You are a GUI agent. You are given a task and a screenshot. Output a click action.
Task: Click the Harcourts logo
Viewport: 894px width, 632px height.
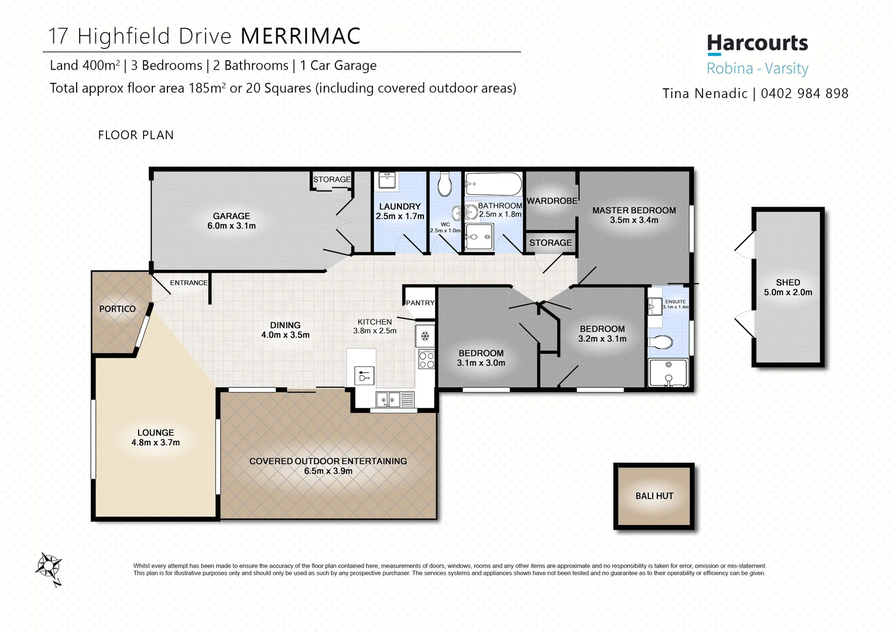tap(757, 44)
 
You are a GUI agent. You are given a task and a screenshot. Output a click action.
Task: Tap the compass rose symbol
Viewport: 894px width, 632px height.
tap(48, 567)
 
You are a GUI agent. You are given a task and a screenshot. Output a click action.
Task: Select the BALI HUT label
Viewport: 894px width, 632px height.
tap(654, 496)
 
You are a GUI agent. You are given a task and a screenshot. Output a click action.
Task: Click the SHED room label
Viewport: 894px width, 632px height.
tap(787, 282)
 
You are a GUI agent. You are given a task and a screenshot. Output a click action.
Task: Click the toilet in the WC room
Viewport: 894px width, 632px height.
tap(445, 185)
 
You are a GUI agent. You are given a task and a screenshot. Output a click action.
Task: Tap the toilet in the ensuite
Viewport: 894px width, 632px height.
tap(662, 342)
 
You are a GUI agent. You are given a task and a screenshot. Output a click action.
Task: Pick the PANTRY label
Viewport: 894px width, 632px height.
tap(420, 303)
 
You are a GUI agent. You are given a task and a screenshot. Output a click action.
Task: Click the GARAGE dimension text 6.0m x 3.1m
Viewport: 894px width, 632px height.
tap(231, 226)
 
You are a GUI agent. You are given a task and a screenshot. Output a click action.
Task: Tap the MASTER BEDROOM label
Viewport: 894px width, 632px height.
tap(633, 210)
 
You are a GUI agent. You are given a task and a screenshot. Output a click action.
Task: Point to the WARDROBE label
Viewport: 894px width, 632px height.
tap(552, 201)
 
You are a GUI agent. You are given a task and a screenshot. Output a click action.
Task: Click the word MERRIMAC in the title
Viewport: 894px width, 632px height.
tap(300, 36)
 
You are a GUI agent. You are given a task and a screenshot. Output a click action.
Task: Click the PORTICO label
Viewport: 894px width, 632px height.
tap(117, 309)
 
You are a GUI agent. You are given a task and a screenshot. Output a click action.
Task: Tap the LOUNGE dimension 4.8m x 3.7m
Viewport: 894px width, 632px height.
tap(155, 442)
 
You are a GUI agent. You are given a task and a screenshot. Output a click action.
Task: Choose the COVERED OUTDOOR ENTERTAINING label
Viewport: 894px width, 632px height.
tap(328, 461)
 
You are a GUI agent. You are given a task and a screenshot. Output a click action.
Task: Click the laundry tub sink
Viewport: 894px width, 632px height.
tap(386, 181)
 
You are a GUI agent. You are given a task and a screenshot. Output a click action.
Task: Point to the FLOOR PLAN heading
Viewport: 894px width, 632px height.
tap(136, 135)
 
